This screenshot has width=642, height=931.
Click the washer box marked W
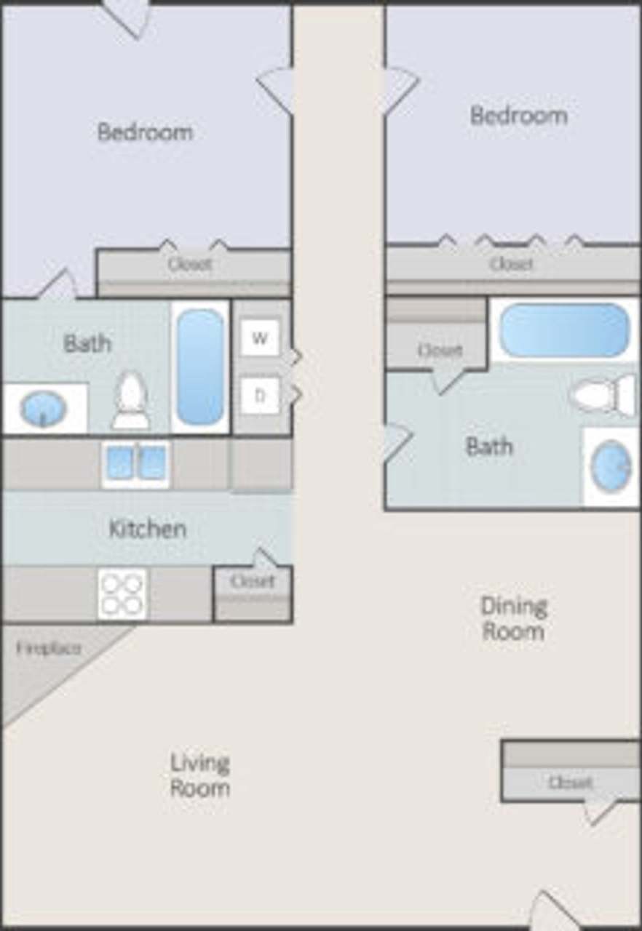[260, 338]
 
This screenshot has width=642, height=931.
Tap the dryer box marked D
[260, 396]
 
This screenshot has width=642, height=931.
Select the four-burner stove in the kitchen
[122, 594]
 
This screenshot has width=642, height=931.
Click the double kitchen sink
[136, 463]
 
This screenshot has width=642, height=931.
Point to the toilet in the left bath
[131, 401]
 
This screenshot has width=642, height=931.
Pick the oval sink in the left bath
[43, 409]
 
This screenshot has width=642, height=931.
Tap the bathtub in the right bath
[565, 330]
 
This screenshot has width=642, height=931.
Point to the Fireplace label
[49, 648]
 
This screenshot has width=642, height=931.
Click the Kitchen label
[147, 529]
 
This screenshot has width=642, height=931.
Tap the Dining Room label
[513, 618]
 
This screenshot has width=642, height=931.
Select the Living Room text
[200, 775]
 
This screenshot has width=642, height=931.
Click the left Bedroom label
[145, 132]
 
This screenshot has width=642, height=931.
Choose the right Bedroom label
[518, 116]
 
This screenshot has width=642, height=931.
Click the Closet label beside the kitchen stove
[253, 581]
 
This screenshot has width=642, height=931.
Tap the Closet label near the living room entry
[570, 783]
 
